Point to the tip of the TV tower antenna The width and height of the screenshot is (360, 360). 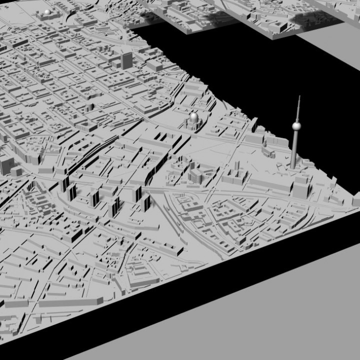(298, 96)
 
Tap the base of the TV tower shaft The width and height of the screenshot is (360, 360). (293, 167)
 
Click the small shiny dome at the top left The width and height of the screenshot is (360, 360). (47, 11)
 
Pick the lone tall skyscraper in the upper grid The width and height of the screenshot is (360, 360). (127, 59)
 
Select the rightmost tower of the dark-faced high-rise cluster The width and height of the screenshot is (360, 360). (146, 201)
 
